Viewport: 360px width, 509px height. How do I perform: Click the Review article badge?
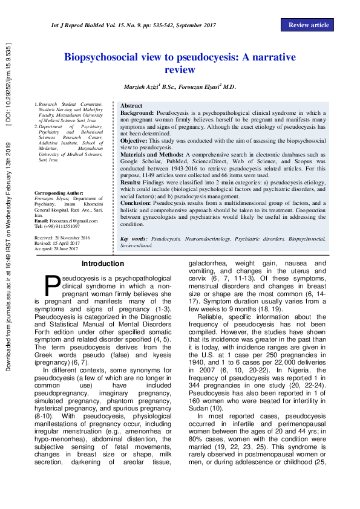click(x=308, y=25)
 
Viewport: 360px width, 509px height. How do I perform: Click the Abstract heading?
click(x=131, y=105)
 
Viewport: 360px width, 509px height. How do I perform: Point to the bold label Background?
click(x=137, y=113)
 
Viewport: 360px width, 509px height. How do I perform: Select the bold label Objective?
click(x=134, y=140)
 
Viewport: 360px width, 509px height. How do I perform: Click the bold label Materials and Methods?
click(x=152, y=155)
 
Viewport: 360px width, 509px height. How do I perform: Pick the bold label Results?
click(x=131, y=182)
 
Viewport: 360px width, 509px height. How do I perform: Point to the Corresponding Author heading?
click(x=59, y=193)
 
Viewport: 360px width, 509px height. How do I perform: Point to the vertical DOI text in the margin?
click(x=8, y=84)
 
